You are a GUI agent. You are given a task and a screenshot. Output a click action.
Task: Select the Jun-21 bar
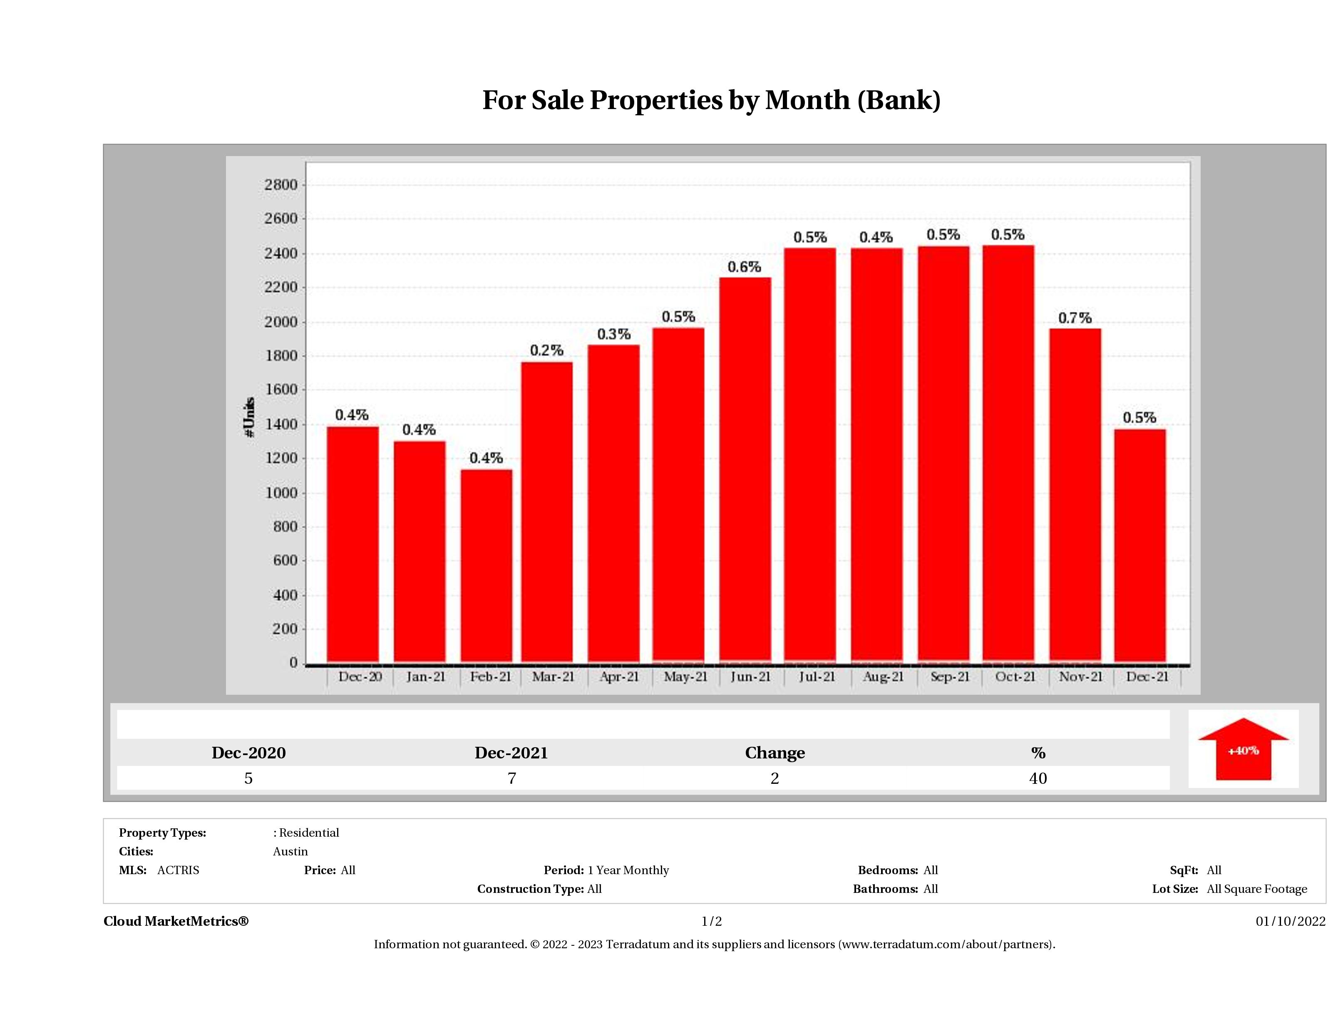pos(745,470)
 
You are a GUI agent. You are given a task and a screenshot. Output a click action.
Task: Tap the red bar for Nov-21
pos(1075,495)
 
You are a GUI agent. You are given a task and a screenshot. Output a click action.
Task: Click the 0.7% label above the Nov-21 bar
pos(1075,318)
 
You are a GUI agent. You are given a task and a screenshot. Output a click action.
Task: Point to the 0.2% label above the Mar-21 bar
pos(546,350)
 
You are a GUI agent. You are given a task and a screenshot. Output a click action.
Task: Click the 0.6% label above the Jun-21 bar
pos(745,266)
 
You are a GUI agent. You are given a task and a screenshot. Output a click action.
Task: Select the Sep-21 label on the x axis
pos(950,676)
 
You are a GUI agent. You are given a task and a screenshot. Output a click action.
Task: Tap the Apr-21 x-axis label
pos(619,676)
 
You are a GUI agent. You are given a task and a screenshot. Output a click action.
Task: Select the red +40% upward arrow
pos(1243,749)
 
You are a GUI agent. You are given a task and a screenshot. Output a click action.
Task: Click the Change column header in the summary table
pos(775,753)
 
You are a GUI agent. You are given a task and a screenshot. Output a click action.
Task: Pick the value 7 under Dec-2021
pos(512,778)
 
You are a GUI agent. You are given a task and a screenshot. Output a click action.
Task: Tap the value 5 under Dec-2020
pos(248,778)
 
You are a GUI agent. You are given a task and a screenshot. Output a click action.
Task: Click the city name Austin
pos(290,851)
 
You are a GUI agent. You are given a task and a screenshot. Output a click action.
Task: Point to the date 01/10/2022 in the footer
pos(1290,921)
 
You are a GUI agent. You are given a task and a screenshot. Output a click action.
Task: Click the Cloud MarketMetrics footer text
pos(176,921)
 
